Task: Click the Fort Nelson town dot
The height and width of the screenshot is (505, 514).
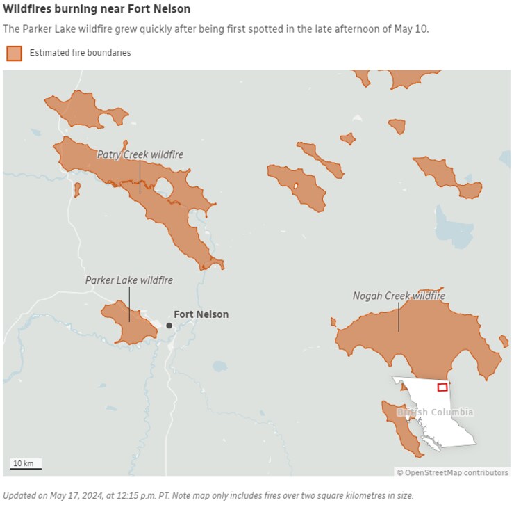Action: (x=169, y=325)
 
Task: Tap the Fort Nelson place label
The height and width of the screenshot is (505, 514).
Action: (x=201, y=314)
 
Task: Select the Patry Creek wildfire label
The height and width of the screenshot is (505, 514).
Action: (x=140, y=154)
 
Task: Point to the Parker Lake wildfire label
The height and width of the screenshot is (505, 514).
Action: (x=128, y=280)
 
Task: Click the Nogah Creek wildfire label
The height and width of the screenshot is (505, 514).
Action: (x=398, y=296)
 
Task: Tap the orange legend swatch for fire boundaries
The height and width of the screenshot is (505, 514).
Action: (x=14, y=53)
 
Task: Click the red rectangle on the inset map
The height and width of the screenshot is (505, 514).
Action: (x=442, y=387)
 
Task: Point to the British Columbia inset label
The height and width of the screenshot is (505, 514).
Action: (x=435, y=412)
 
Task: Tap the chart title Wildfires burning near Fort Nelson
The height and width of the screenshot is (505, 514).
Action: (x=97, y=9)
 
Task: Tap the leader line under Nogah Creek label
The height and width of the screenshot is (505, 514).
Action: (x=399, y=317)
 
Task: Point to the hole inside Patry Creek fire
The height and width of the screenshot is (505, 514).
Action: (x=165, y=186)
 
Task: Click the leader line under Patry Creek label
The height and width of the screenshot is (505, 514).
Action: (x=140, y=177)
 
